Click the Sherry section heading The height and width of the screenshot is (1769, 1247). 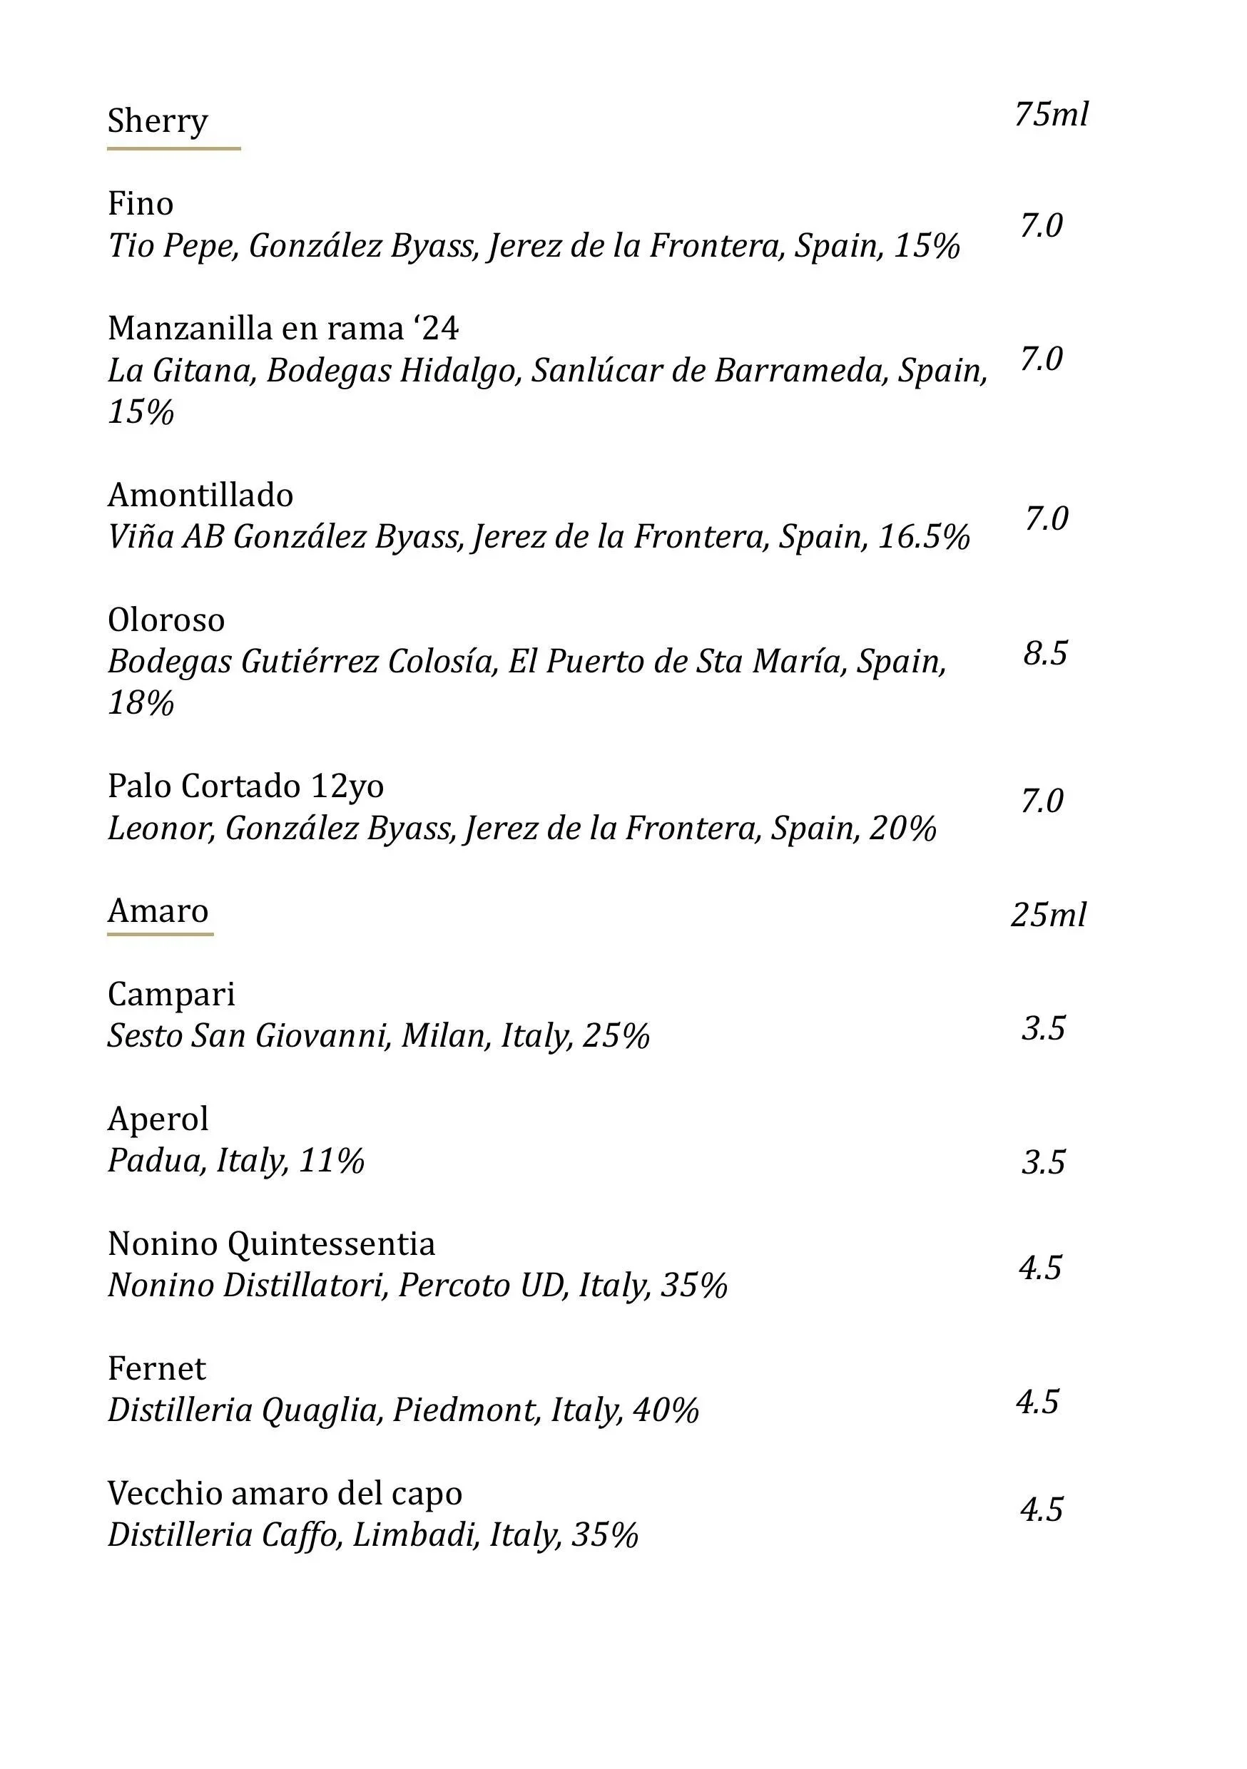pos(157,121)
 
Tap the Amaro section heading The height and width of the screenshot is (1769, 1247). pos(158,911)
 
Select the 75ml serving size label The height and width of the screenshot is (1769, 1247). pos(1051,114)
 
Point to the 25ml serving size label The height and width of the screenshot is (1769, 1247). pos(1048,915)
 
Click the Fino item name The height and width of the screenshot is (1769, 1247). pos(141,203)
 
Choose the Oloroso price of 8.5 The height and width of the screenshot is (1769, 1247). pos(1045,653)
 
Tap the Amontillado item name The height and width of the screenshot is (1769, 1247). pos(200,495)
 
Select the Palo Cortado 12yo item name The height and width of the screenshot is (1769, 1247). pos(245,786)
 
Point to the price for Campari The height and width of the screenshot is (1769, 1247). pos(1044,1029)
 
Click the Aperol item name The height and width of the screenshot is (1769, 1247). pos(158,1119)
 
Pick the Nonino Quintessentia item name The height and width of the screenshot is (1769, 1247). pos(271,1244)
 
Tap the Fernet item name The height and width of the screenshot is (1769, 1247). pos(156,1368)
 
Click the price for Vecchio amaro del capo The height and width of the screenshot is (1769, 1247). pos(1042,1509)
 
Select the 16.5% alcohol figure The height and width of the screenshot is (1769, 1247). pos(923,537)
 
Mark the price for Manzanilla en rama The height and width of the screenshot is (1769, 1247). pos(1042,359)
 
